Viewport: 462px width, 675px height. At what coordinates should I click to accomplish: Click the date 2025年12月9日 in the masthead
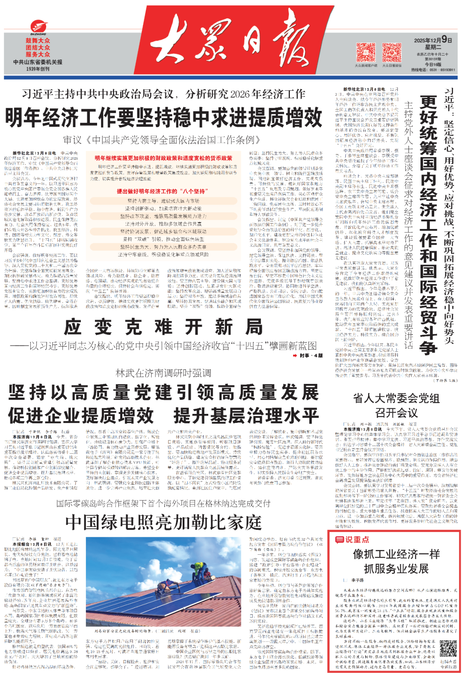coord(433,40)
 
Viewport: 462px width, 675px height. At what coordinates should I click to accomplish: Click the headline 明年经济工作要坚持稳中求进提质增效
coord(163,117)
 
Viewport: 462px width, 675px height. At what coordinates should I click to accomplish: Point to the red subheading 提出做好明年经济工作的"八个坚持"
coord(164,191)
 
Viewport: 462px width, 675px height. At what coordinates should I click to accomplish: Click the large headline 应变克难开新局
coord(163,327)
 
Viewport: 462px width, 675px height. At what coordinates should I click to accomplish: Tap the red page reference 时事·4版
coord(308,356)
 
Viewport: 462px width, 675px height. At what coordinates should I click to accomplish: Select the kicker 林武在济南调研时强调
coord(163,373)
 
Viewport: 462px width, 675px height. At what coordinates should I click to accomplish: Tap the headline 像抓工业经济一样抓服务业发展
coord(396,561)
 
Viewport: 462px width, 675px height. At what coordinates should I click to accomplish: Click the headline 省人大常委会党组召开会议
coord(396,405)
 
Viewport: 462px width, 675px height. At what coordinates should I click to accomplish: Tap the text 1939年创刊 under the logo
coord(38,69)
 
